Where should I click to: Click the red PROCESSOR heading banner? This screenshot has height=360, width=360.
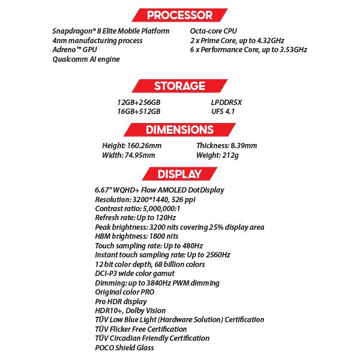(179, 15)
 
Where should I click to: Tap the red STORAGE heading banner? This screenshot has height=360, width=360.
(179, 86)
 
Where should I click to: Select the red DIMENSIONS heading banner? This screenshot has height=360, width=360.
(179, 130)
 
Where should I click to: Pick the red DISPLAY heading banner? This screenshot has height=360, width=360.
(179, 175)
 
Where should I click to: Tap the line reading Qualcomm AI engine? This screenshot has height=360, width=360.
(86, 59)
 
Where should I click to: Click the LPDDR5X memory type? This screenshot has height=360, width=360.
(223, 102)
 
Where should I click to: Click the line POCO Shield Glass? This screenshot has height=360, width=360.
(124, 347)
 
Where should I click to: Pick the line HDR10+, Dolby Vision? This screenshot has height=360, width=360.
(130, 311)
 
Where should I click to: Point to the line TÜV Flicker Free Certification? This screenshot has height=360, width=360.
(140, 329)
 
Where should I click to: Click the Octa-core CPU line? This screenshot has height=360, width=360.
(213, 31)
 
